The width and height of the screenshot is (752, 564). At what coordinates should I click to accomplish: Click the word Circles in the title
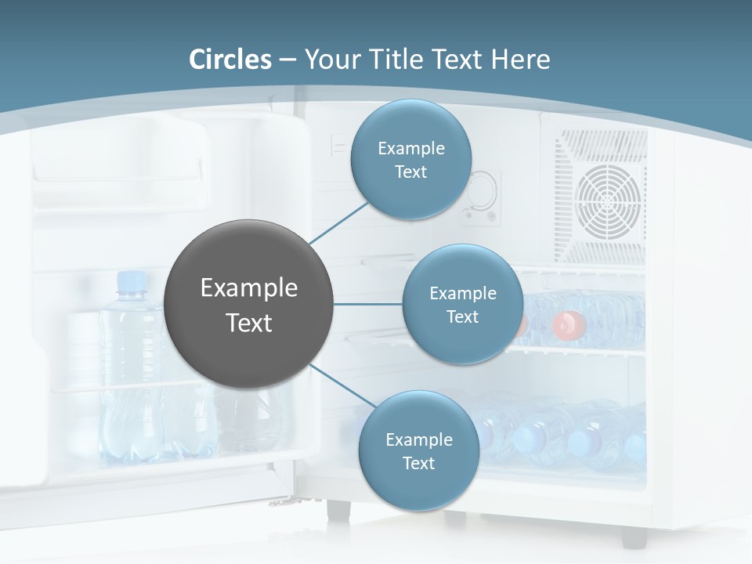pyautogui.click(x=230, y=60)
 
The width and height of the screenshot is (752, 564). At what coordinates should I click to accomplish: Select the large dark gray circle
pyautogui.click(x=249, y=305)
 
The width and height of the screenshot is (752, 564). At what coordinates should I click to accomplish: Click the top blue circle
pyautogui.click(x=410, y=159)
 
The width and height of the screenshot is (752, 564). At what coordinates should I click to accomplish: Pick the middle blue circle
pyautogui.click(x=462, y=304)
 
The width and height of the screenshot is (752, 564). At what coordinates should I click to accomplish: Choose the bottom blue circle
pyautogui.click(x=418, y=450)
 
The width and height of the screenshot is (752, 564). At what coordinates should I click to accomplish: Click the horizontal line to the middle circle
pyautogui.click(x=368, y=304)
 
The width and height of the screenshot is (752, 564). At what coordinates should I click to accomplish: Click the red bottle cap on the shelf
pyautogui.click(x=569, y=323)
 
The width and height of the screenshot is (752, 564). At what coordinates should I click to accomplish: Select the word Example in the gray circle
pyautogui.click(x=249, y=288)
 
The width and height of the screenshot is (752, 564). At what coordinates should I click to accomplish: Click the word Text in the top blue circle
pyautogui.click(x=410, y=172)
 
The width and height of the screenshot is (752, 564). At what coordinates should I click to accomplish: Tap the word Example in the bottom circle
pyautogui.click(x=418, y=439)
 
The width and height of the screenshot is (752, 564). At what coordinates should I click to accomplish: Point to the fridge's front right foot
pyautogui.click(x=634, y=537)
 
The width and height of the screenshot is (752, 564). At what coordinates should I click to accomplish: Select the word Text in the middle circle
pyautogui.click(x=462, y=316)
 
